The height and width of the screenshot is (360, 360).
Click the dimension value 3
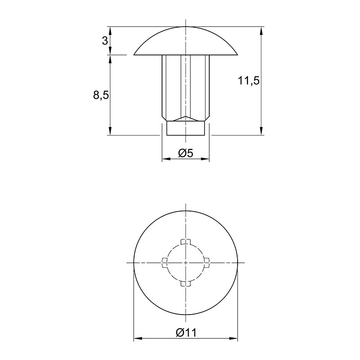tap(105, 41)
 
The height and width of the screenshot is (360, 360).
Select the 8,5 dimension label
tap(101, 95)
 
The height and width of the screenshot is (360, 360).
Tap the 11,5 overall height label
tap(249, 81)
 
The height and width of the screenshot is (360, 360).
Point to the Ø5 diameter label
tap(186, 153)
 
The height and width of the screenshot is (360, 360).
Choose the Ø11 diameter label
tap(186, 333)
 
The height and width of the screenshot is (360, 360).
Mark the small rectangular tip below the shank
tap(185, 128)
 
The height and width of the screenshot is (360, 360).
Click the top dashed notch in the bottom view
tap(185, 242)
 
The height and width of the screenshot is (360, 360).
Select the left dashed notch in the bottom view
tap(165, 263)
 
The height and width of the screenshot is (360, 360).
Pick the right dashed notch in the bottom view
tap(207, 263)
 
